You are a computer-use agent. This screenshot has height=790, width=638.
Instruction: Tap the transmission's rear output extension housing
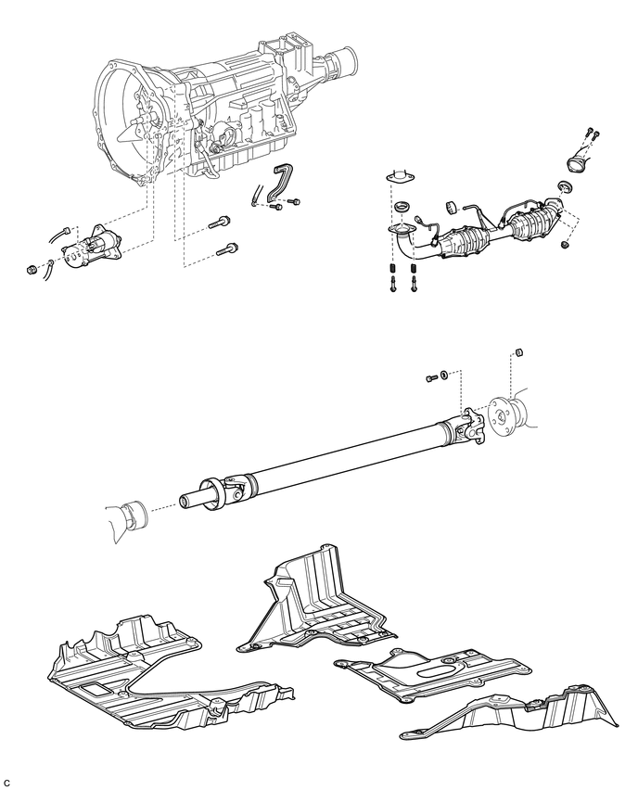pos(343,63)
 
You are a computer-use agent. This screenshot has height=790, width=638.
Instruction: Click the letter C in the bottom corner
pos(7,782)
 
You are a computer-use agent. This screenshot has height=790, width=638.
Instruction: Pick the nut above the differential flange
pos(519,352)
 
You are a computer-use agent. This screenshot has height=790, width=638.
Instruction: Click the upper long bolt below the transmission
pos(223,223)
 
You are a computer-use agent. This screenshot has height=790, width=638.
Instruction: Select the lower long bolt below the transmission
pos(227,248)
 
